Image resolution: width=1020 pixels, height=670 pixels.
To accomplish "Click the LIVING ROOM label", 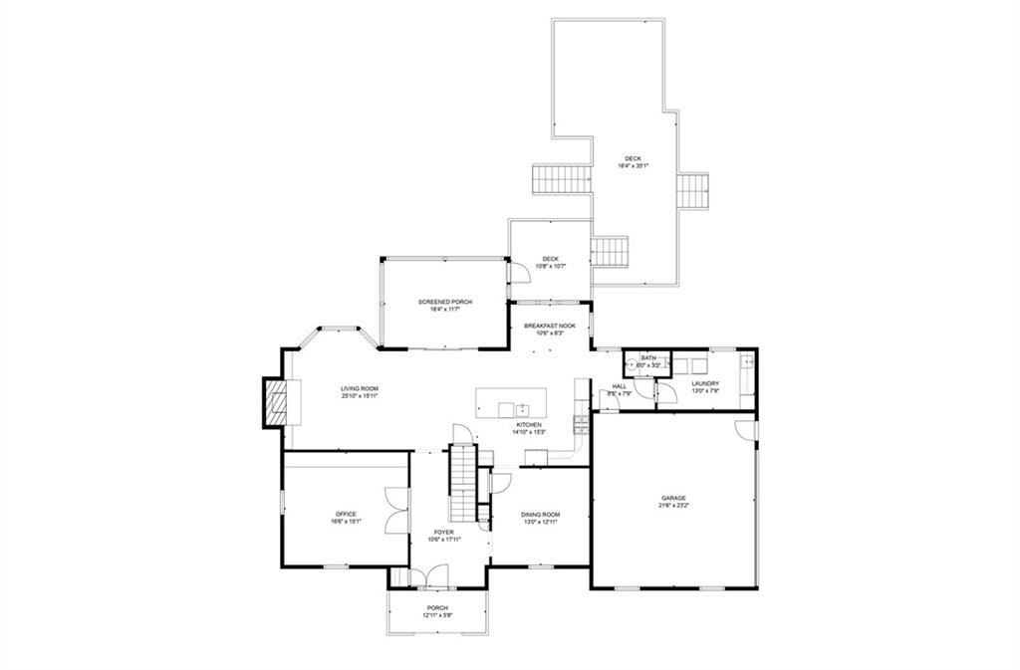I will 360,388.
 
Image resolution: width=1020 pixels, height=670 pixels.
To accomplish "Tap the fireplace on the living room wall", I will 275,401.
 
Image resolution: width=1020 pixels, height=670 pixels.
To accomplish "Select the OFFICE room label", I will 346,514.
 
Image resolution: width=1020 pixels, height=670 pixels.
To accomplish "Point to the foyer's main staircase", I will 463,483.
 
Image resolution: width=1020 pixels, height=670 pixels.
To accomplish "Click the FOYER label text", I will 443,533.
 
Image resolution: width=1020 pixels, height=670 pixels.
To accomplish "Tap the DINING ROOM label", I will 541,514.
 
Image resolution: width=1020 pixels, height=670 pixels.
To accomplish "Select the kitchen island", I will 512,403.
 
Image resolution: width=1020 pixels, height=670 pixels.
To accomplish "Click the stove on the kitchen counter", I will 581,425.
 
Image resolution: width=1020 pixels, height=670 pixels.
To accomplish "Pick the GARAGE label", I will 673,498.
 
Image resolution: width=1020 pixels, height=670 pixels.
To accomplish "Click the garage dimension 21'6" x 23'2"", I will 673,505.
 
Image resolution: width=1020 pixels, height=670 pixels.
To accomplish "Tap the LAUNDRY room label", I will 705,383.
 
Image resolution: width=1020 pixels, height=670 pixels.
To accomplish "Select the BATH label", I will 648,358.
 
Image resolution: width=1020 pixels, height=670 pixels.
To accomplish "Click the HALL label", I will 619,386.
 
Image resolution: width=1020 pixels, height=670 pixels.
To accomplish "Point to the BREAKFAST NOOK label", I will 550,326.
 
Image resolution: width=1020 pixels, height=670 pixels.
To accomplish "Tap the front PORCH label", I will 437,607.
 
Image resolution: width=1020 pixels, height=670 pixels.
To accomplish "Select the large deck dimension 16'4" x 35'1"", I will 634,166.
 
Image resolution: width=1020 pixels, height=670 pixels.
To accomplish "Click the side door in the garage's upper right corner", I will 744,428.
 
